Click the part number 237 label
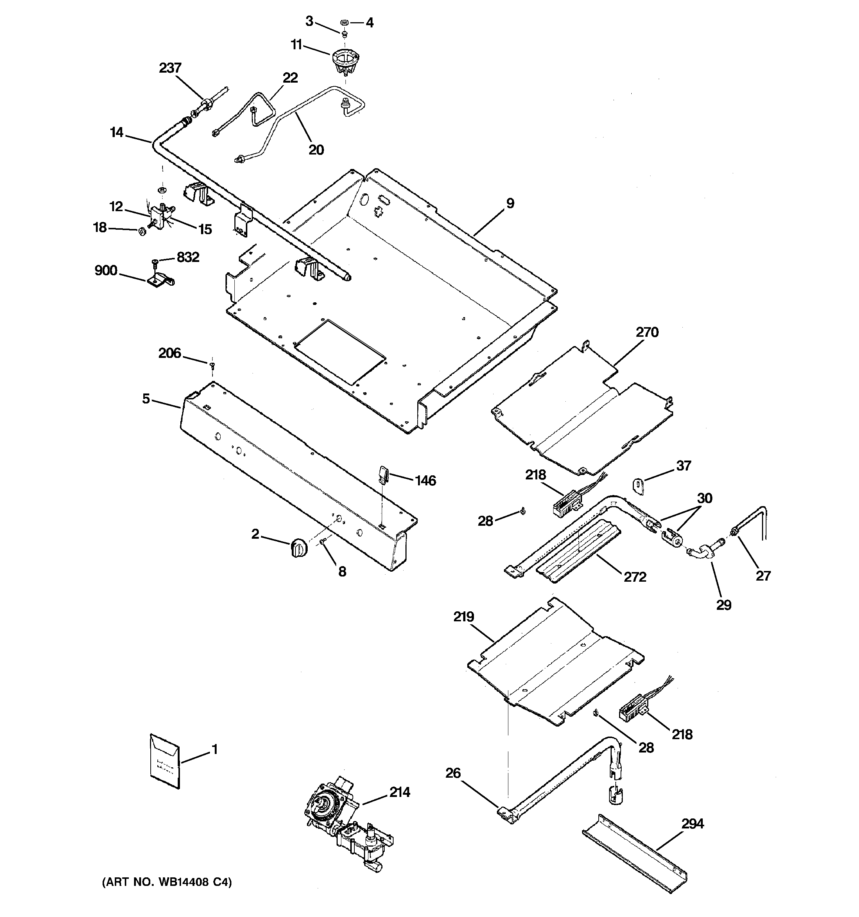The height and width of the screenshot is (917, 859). [x=170, y=68]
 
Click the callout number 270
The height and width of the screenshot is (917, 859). [x=647, y=332]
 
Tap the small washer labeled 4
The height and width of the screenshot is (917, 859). [x=344, y=22]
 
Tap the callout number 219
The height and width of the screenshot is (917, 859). [x=464, y=617]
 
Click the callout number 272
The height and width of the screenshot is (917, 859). [x=635, y=577]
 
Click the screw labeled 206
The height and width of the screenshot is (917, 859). [x=212, y=366]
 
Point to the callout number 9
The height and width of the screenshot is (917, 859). [x=510, y=203]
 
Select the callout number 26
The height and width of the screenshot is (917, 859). [x=453, y=773]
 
